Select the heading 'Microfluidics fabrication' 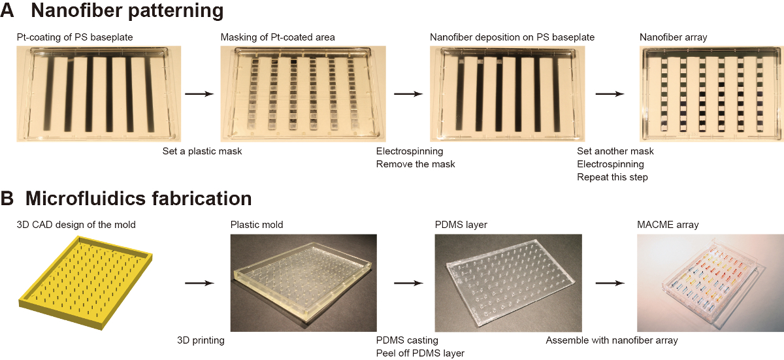point(139,199)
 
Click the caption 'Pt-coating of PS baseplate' point(75,37)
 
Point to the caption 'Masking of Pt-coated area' point(278,37)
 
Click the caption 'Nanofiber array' point(672,37)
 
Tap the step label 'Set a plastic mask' point(203,152)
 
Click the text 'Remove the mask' point(416,164)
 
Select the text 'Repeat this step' point(612,177)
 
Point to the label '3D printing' point(201,340)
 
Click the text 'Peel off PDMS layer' point(420,353)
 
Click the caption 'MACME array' point(666,225)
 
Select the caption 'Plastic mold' point(257,225)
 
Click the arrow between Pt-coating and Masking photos point(200,95)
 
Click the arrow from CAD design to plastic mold point(200,284)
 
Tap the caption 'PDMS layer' point(461,225)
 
